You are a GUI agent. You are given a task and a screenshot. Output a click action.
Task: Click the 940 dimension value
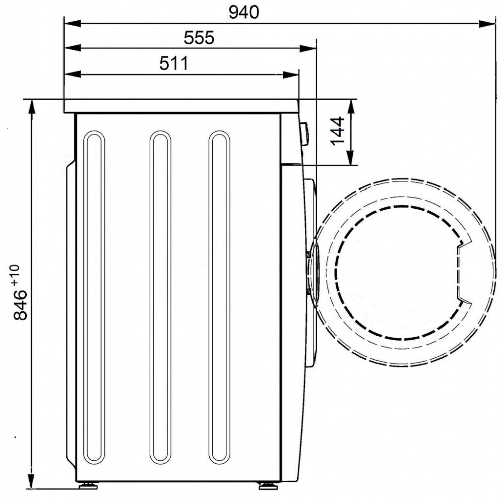[243, 13]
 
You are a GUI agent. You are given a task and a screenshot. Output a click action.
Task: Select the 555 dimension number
[199, 38]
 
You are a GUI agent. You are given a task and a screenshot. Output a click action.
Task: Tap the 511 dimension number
[174, 64]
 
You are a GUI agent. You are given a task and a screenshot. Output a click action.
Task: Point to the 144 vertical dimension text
[338, 131]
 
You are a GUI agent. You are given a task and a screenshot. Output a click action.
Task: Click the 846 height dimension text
[20, 304]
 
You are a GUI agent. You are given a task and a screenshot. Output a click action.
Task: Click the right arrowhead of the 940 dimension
[487, 24]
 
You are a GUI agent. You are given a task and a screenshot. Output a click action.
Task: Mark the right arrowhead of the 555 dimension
[308, 49]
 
